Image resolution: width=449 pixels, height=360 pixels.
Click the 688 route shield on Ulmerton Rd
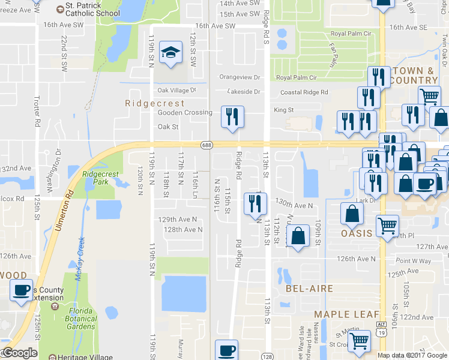(x=206, y=145)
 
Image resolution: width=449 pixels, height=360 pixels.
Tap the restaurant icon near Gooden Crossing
(x=232, y=116)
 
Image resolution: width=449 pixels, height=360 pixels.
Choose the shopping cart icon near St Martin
(x=359, y=341)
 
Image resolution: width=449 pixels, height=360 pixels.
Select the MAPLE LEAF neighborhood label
(x=348, y=314)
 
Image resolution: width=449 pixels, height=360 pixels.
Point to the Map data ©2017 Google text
(x=412, y=355)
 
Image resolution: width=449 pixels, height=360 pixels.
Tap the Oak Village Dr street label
(x=176, y=90)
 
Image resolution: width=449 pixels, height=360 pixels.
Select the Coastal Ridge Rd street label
(x=304, y=92)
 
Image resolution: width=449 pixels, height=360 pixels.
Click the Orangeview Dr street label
(x=240, y=77)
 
